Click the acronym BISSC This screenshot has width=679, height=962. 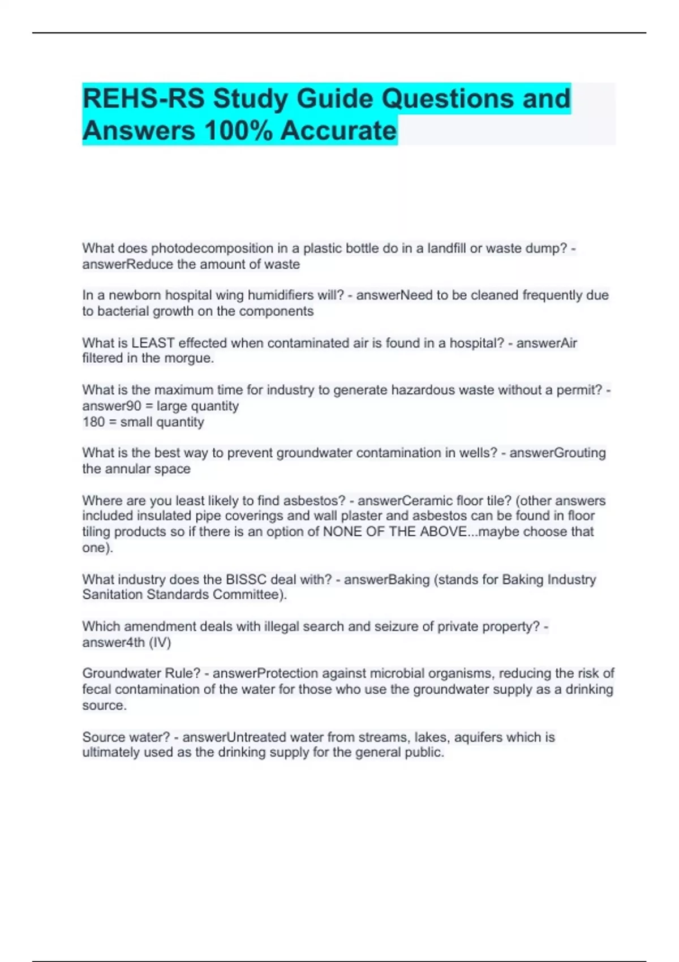[x=246, y=579]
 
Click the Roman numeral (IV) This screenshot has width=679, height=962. [x=160, y=643]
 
